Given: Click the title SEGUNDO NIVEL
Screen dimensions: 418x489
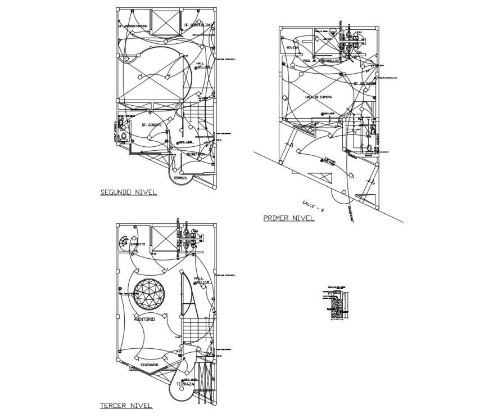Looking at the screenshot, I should tap(128, 192).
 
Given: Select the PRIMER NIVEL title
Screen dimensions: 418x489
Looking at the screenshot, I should tap(289, 218).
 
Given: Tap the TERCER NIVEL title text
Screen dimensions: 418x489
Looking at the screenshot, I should tap(126, 406).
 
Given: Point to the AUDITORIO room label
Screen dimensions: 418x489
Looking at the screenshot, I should tap(144, 319).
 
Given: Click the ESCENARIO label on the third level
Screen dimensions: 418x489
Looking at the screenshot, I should tap(146, 365).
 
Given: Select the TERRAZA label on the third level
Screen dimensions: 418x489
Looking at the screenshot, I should tap(185, 384).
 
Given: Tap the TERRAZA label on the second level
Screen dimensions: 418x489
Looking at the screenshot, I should tap(180, 178).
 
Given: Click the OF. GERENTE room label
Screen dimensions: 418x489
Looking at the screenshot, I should tap(152, 124).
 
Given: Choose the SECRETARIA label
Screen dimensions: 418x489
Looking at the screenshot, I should tap(195, 153).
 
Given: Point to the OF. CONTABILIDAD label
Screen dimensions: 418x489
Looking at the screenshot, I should tap(198, 25).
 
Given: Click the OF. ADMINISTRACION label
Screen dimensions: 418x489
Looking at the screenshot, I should tap(133, 25).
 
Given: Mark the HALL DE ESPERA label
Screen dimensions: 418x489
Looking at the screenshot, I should tap(319, 97).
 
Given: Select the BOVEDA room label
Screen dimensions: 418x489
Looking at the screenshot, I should tap(292, 48).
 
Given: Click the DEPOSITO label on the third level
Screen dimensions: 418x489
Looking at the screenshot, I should tap(138, 244).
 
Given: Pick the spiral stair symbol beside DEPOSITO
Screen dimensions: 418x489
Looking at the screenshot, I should tap(123, 242).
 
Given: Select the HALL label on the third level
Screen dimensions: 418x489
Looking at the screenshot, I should tap(198, 278).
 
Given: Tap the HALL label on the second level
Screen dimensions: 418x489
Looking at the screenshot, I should tap(200, 63).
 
